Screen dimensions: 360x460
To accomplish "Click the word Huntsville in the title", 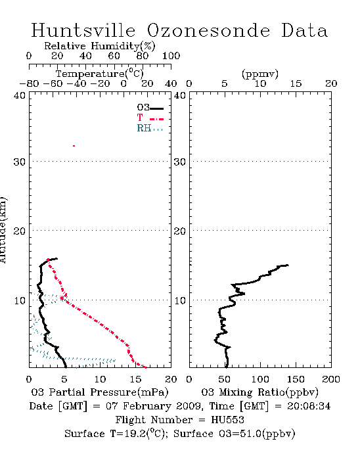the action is [x=83, y=30].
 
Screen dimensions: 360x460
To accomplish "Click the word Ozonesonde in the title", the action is [x=208, y=30].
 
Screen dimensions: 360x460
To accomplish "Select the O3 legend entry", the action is [x=150, y=108].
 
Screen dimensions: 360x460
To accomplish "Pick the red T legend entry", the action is [x=150, y=118].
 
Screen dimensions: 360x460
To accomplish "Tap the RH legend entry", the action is [x=150, y=128].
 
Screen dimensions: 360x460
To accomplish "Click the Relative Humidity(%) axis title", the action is [x=100, y=46].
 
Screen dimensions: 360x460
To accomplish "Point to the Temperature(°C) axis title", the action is [x=100, y=74].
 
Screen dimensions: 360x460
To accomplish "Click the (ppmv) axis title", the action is [x=260, y=74].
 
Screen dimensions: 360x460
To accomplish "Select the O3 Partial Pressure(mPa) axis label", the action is [x=100, y=392].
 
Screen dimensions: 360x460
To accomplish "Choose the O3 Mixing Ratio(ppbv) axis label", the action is [x=259, y=392].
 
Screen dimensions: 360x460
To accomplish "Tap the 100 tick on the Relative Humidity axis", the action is [x=171, y=56].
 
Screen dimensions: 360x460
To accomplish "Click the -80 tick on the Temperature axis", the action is [x=29, y=83].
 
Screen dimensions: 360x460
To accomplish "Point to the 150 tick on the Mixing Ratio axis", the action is [x=296, y=379].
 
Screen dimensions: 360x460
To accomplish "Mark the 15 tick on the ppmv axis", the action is [x=296, y=83].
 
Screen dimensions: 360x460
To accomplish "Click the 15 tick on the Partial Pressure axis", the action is [x=135, y=379].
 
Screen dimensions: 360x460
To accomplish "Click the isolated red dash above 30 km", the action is [x=74, y=146].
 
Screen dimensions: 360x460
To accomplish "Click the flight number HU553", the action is [x=227, y=420].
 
